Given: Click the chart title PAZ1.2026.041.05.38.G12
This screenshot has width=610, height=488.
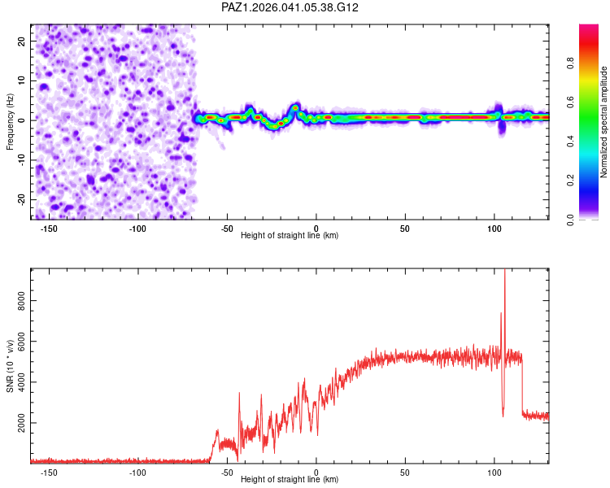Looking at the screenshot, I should (290, 7).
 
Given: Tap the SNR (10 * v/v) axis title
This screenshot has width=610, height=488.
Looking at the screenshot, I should (10, 365).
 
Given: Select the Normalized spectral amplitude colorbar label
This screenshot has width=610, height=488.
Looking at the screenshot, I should (603, 122).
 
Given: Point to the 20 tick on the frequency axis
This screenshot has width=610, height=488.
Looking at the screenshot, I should (21, 41).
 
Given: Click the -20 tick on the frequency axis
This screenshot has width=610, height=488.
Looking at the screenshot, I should (20, 199).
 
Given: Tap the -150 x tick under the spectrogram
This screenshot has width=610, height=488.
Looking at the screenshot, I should (48, 228).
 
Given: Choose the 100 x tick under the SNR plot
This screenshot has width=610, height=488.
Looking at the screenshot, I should (495, 472).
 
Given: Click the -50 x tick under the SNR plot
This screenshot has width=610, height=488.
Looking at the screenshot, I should (227, 472).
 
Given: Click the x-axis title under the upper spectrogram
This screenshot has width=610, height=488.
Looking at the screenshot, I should (290, 236).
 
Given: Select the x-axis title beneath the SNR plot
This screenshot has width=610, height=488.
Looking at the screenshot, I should (290, 480).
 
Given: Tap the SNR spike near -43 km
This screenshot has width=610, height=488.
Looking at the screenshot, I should (239, 394).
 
